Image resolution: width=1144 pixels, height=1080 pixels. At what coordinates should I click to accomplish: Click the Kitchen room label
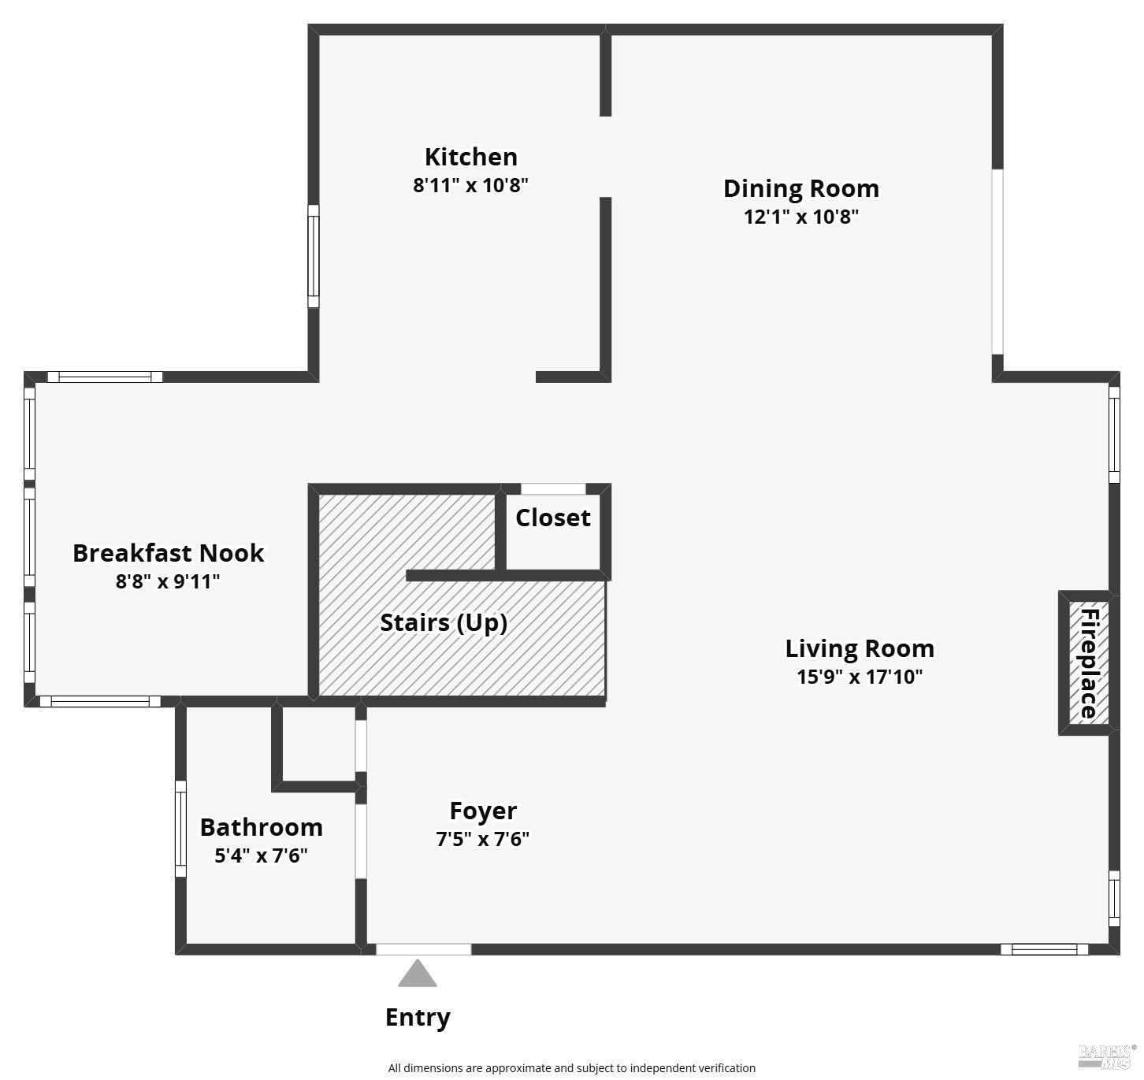click(x=471, y=157)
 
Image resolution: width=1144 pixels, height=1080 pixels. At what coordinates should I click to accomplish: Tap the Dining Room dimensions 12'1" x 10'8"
click(x=800, y=217)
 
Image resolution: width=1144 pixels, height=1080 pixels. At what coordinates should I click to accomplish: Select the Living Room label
click(x=860, y=648)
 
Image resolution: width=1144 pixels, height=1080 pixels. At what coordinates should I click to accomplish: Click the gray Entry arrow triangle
click(x=418, y=974)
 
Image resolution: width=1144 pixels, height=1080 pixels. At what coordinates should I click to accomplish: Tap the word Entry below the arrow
click(x=418, y=1017)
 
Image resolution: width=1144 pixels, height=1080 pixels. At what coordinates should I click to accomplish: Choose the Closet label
click(x=552, y=518)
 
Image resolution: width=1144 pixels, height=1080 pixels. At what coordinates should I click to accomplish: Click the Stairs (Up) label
click(x=444, y=622)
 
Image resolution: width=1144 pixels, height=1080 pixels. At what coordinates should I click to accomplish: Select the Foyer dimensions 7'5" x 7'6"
click(x=483, y=839)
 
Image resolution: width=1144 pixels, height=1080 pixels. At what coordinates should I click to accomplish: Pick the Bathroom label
click(x=261, y=827)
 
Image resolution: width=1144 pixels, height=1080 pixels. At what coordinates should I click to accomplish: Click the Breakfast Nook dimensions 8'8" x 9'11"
click(x=168, y=581)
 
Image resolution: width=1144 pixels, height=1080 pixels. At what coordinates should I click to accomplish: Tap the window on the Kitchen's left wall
click(x=313, y=256)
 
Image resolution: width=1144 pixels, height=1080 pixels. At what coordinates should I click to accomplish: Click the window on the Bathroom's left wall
click(x=180, y=829)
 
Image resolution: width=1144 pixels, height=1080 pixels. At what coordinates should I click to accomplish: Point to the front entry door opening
click(x=423, y=949)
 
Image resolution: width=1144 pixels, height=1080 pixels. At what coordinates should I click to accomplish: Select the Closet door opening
click(x=553, y=489)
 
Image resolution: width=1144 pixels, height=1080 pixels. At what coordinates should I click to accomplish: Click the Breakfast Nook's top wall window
click(x=105, y=377)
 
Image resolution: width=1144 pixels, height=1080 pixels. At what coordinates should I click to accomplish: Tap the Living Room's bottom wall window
click(x=1044, y=949)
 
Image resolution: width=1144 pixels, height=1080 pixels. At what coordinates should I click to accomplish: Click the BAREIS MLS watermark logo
click(x=1107, y=1056)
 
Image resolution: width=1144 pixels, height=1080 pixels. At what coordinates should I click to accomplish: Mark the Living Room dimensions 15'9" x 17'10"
click(x=860, y=677)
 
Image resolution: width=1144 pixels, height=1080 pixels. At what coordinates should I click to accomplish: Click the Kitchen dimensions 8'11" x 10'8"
click(x=470, y=185)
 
